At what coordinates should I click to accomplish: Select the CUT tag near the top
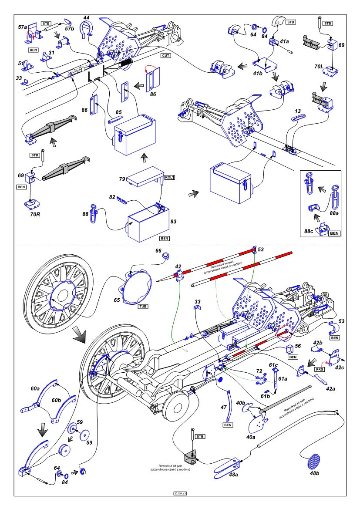(x=165, y=56)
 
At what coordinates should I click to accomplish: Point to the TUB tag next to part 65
(x=143, y=306)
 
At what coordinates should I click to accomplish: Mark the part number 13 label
(x=297, y=111)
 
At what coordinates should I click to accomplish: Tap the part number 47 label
(x=224, y=408)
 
